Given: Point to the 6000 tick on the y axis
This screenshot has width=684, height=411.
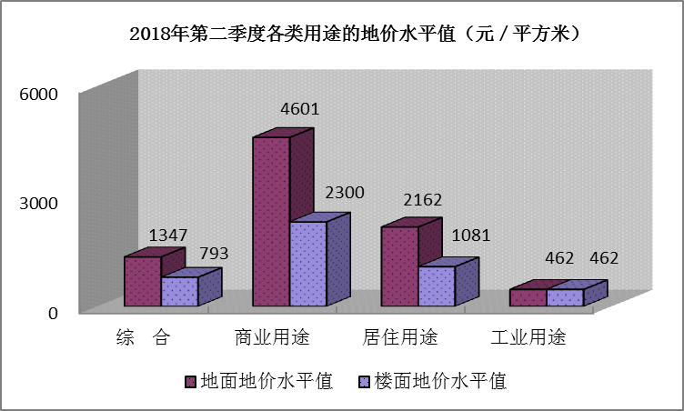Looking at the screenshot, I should (40, 94).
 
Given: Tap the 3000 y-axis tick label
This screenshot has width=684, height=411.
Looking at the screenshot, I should (40, 203).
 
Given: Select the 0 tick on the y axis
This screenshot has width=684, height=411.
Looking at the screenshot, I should (53, 313).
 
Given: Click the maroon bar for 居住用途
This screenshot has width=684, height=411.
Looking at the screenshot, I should (399, 266).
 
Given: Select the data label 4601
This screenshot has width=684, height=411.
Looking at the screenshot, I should (299, 110).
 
